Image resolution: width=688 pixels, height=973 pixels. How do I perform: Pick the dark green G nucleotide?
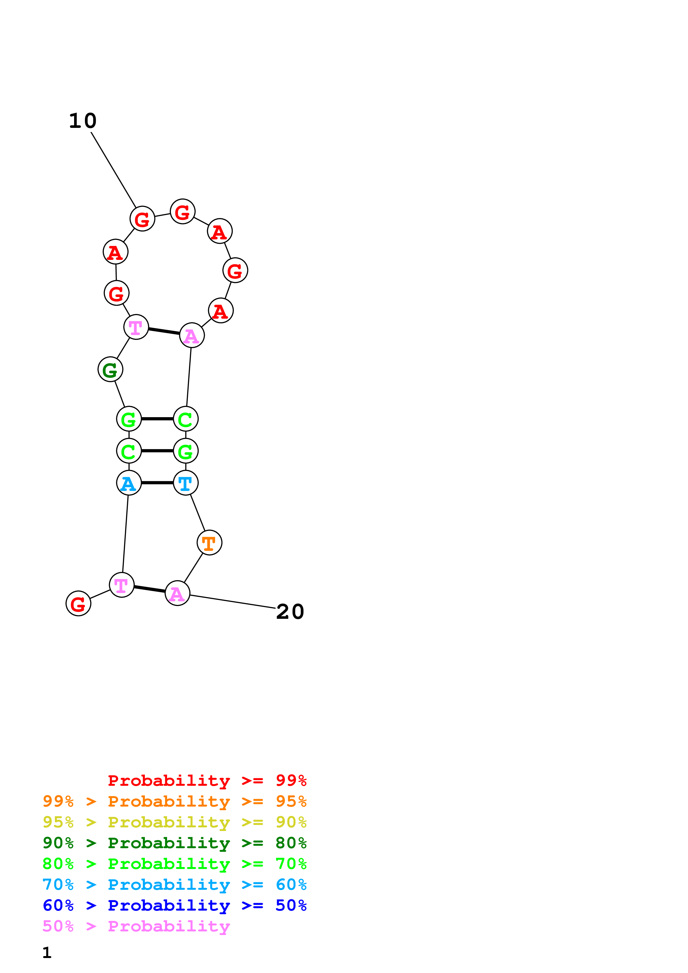click(110, 369)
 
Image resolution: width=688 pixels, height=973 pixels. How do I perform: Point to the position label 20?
click(290, 612)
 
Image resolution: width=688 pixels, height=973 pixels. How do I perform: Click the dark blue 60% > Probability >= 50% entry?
click(174, 905)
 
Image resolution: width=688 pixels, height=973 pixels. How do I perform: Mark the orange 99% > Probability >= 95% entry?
click(174, 801)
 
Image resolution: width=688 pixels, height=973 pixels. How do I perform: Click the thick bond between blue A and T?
click(157, 483)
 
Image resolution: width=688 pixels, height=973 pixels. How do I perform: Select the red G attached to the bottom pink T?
click(79, 604)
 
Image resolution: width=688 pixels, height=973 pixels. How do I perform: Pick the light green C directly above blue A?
click(129, 451)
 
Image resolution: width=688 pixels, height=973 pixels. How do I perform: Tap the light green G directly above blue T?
click(186, 451)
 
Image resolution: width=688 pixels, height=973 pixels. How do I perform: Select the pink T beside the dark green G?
click(136, 327)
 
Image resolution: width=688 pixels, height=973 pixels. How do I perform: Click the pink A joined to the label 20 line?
click(177, 593)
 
